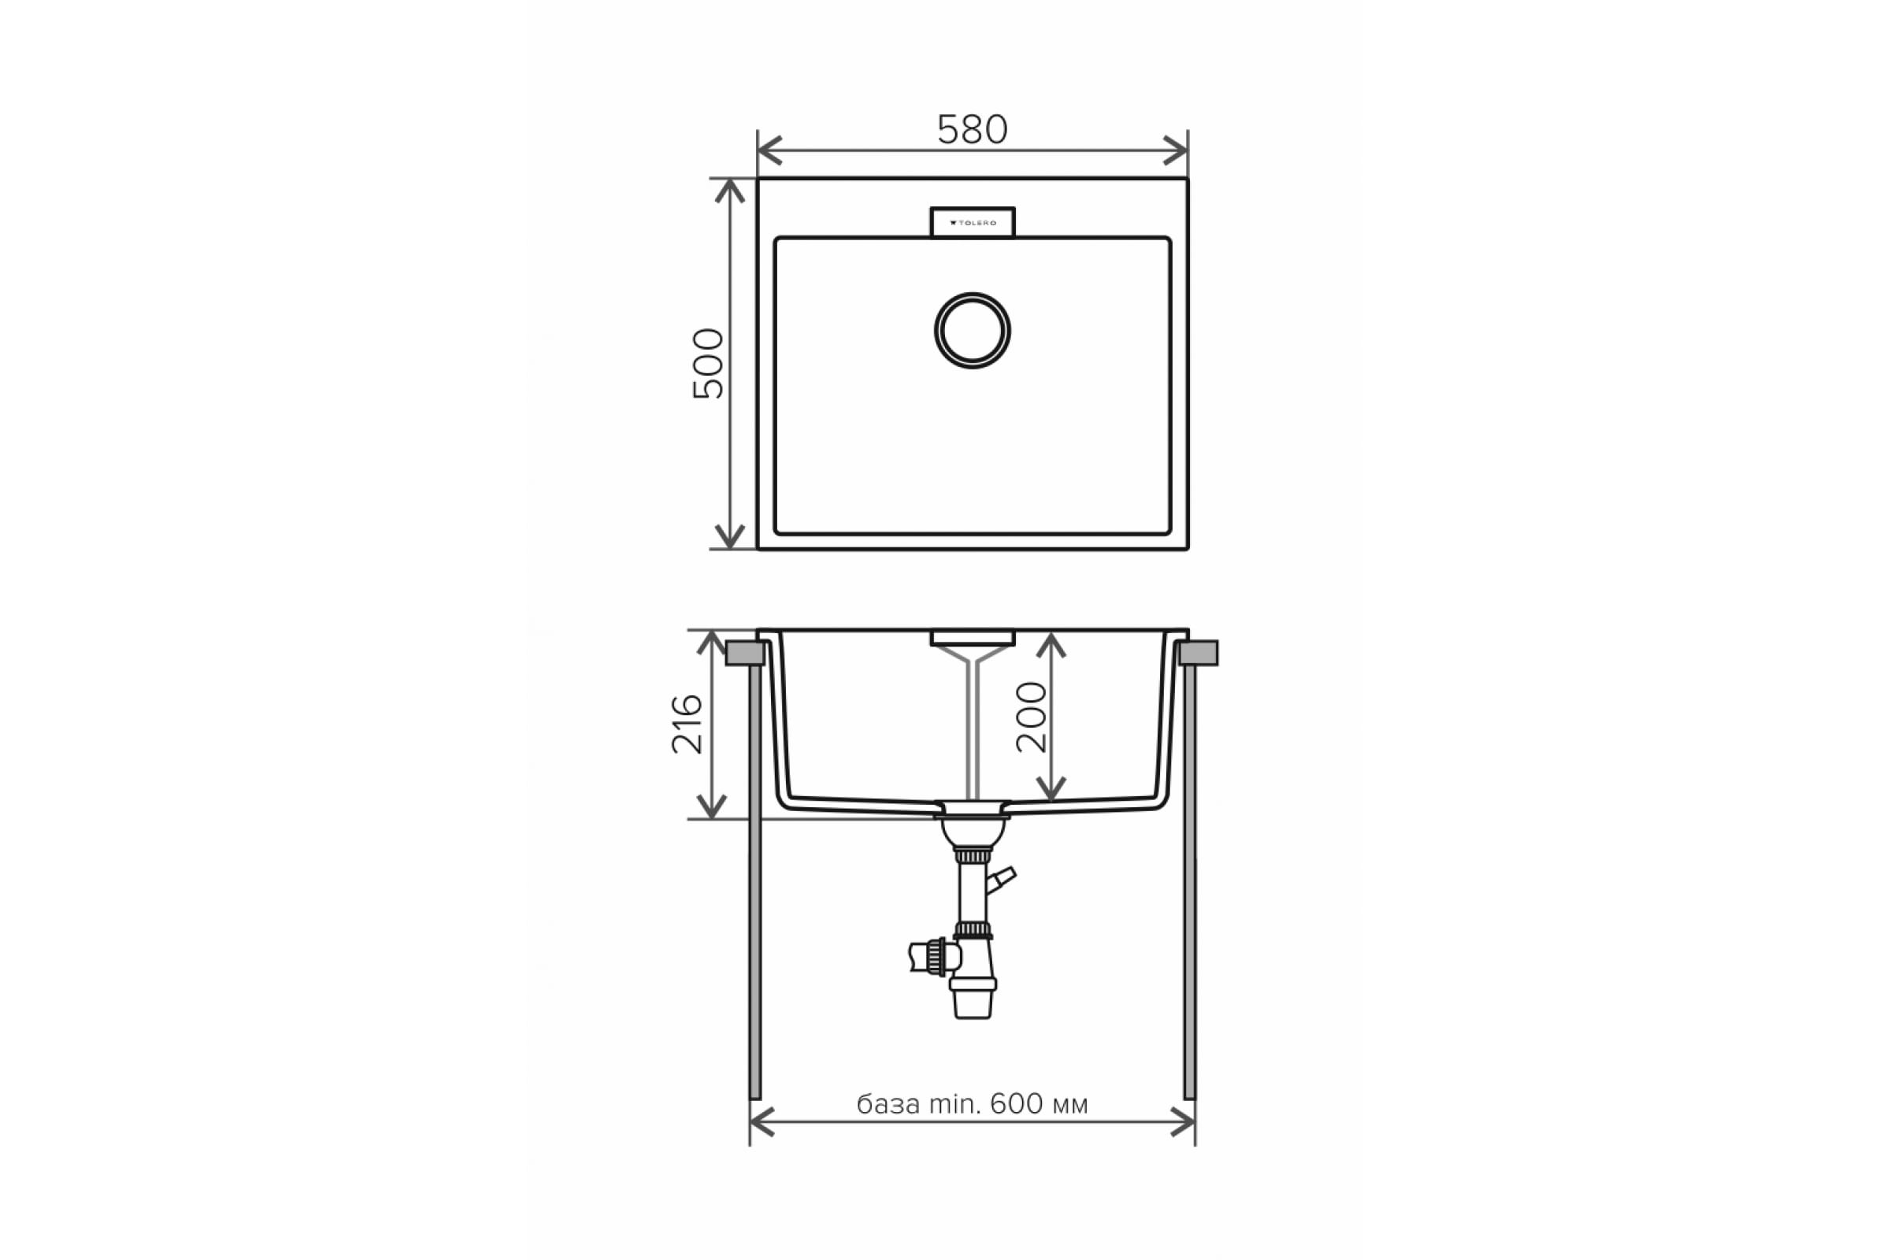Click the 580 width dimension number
[x=972, y=129]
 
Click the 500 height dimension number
[x=709, y=363]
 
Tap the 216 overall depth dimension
[x=687, y=724]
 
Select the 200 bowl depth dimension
[x=1031, y=717]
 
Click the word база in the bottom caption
[x=888, y=1105]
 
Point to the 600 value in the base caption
[x=1017, y=1104]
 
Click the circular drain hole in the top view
[x=973, y=330]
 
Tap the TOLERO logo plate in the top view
[x=973, y=223]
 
